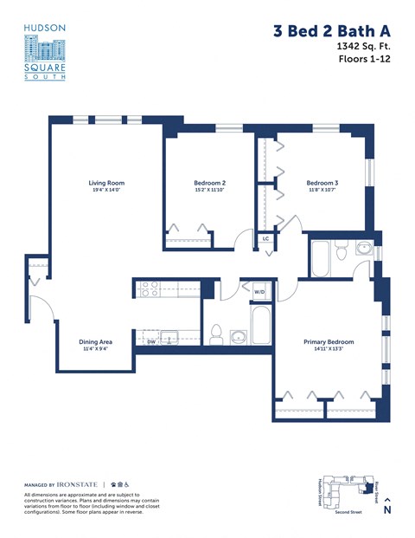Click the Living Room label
[x=106, y=183]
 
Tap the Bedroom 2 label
[x=209, y=183]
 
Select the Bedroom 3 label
[x=322, y=183]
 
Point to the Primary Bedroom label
[x=328, y=342]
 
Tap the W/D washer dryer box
[x=259, y=293]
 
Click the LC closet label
[x=265, y=238]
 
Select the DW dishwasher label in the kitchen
[x=150, y=342]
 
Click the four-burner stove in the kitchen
[x=147, y=289]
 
